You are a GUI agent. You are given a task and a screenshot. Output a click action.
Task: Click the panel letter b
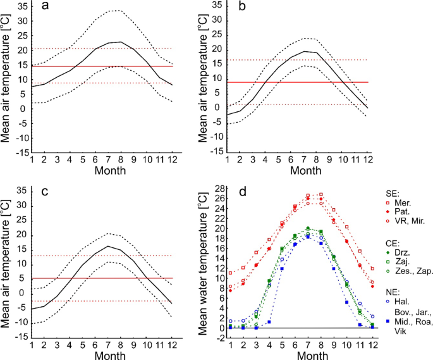(x=259, y=8)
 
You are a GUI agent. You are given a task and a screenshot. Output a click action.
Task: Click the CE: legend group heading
(x=393, y=241)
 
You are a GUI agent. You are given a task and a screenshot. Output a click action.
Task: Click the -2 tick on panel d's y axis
(x=216, y=338)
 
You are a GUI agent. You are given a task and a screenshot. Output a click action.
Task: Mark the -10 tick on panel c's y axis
(x=19, y=323)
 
